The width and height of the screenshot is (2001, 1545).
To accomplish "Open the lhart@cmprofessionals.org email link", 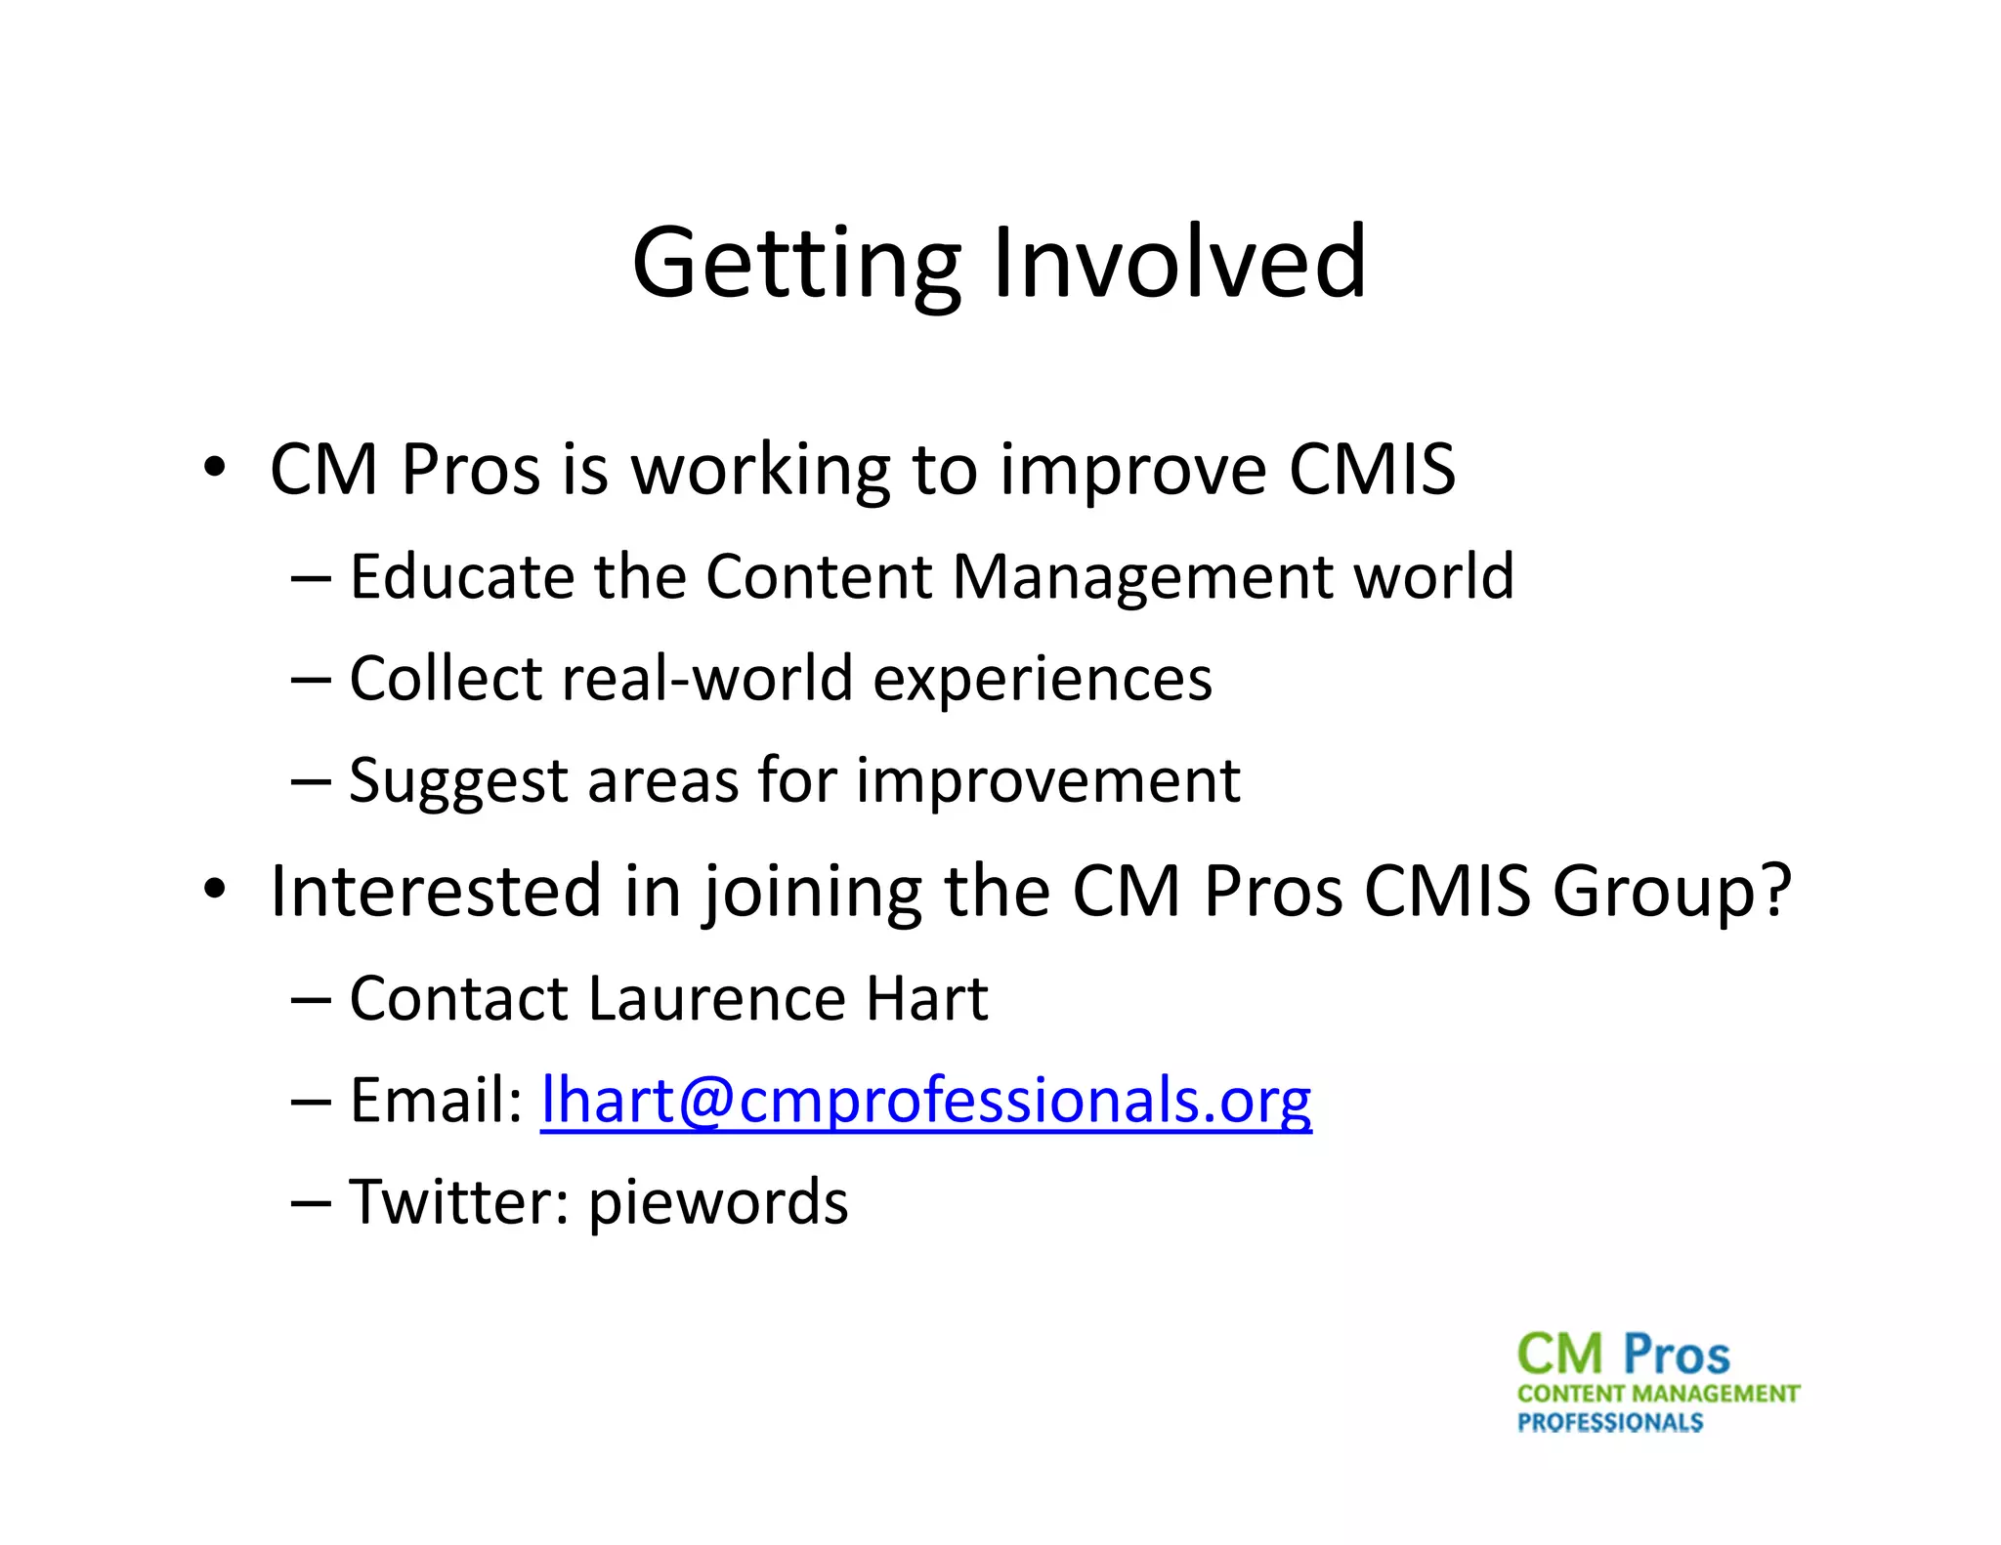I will click(x=925, y=1101).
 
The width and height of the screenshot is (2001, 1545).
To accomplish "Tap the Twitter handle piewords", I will click(x=718, y=1203).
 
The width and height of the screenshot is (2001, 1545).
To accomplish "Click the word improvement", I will click(x=1047, y=780).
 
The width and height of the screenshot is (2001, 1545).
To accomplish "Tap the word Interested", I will click(x=436, y=891).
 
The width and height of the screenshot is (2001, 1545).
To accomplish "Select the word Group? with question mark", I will click(x=1672, y=891).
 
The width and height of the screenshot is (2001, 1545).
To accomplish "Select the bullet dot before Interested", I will click(x=214, y=890).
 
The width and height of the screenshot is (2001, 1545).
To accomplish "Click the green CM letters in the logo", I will click(x=1559, y=1356).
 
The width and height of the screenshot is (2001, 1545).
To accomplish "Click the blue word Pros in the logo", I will click(x=1676, y=1356).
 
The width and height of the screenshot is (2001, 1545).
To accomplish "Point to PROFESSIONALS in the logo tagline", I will click(x=1609, y=1423).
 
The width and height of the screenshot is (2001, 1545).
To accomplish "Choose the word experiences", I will click(x=1042, y=679).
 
